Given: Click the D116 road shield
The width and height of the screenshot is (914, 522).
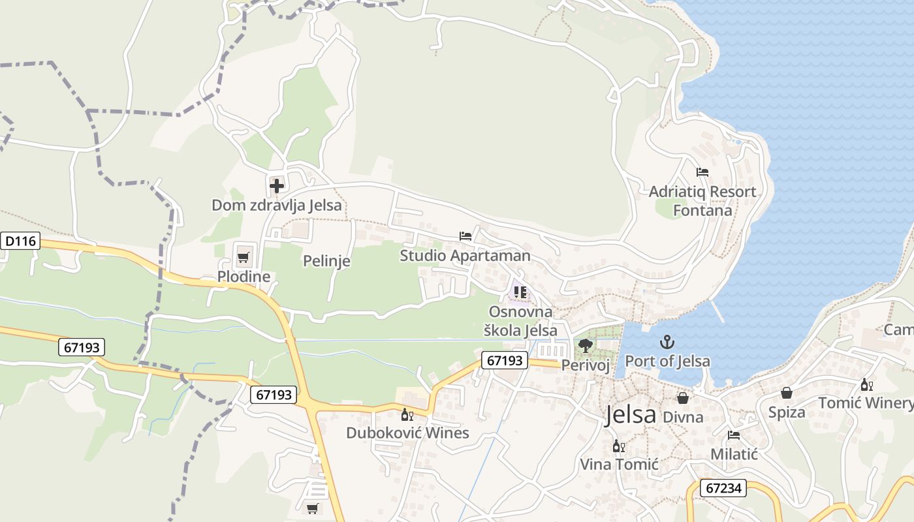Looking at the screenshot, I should click(20, 241).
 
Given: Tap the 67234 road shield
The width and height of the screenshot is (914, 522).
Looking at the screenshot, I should click(723, 488).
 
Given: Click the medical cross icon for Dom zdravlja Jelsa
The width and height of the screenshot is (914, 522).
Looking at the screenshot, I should click(277, 186).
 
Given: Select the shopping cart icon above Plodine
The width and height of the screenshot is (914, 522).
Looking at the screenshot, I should click(244, 257).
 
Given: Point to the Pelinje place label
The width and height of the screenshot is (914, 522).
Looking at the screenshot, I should click(326, 261).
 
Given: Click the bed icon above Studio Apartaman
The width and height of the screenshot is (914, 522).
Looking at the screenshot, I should click(465, 236).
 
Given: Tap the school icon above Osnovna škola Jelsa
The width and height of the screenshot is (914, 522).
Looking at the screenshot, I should click(520, 292).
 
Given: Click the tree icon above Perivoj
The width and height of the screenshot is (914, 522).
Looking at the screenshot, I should click(586, 345).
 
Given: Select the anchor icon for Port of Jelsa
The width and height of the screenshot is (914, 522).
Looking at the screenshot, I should click(667, 341).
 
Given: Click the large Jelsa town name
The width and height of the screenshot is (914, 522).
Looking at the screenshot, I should click(630, 415).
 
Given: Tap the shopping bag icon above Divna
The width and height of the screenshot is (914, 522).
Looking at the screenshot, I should click(683, 397).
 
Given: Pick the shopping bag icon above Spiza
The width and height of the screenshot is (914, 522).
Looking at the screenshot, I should click(787, 393).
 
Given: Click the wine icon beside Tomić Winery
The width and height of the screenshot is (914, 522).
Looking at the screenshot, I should click(866, 384).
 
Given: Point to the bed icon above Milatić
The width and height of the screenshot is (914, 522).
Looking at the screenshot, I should click(734, 435).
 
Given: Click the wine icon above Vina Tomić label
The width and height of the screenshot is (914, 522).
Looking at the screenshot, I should click(618, 446).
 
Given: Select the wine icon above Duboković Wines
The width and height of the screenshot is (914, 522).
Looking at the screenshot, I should click(407, 414).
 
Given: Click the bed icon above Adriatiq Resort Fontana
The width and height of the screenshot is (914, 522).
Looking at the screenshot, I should click(702, 172).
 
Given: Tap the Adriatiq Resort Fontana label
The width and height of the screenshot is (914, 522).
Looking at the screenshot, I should click(702, 201).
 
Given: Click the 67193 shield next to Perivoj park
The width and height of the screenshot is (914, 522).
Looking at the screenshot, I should click(505, 360).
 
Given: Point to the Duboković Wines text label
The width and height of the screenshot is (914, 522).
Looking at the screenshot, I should click(407, 433).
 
